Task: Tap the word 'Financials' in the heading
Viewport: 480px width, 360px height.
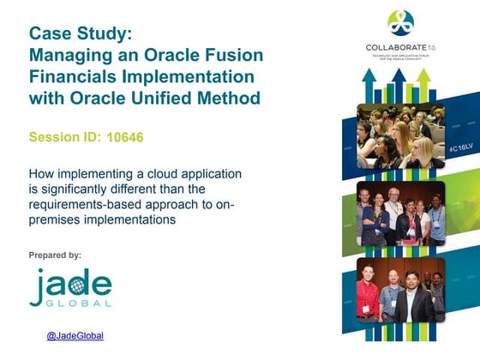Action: click(x=74, y=77)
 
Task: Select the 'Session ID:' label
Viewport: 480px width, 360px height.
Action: click(x=64, y=137)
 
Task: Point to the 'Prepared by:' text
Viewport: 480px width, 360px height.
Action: click(x=55, y=255)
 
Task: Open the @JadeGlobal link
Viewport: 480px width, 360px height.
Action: click(x=75, y=336)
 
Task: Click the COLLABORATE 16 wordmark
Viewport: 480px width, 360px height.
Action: click(x=400, y=47)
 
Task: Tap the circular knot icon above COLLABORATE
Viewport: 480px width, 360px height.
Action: click(x=400, y=22)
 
